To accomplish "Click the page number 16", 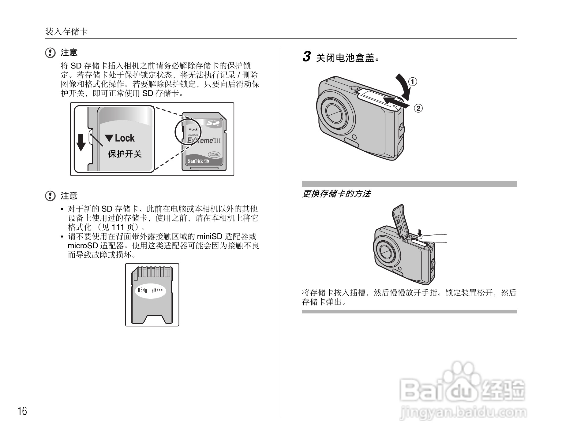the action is pos(22,411).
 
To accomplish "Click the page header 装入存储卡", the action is pos(66,31).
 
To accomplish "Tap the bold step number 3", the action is pos(307,57).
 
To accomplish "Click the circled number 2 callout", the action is pos(418,108).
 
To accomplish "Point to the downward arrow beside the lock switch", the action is pos(81,142).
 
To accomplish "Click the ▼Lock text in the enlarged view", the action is pos(120,138).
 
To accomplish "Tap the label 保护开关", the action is pos(125,154).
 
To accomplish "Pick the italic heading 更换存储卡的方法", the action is pos(336,194).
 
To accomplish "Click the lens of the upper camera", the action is pos(335,113).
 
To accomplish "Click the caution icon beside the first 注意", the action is pos(50,53).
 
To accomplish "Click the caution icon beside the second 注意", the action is pos(50,196).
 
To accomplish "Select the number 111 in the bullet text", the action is pos(118,227).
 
